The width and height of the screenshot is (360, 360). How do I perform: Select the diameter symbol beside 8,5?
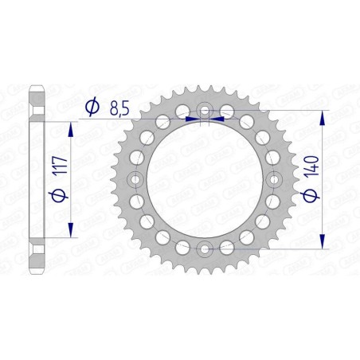click(x=92, y=107)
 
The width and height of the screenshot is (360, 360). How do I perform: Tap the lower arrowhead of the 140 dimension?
click(x=323, y=242)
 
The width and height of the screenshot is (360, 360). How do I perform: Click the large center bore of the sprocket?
click(x=205, y=180)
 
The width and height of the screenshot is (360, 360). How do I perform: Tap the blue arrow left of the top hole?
click(x=191, y=118)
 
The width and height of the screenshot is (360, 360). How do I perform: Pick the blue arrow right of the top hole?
click(x=218, y=118)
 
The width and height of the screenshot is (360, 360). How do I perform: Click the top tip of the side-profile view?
click(x=36, y=85)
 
